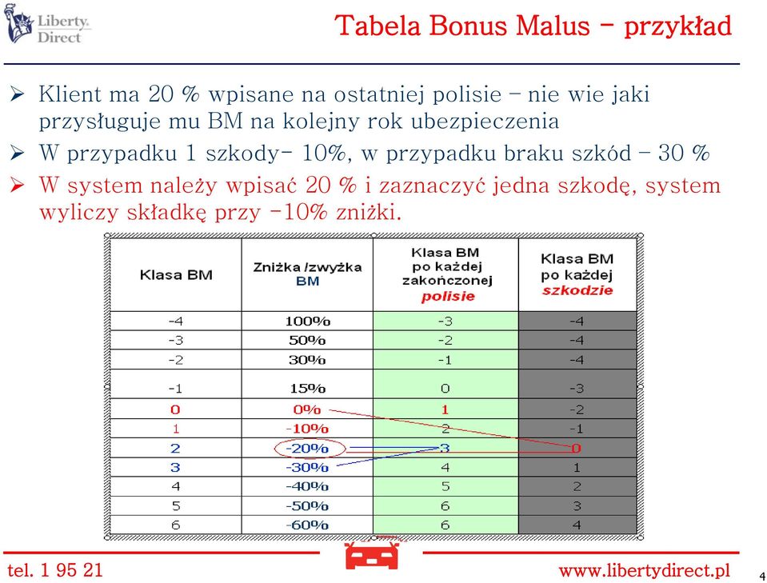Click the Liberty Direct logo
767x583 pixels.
tap(47, 24)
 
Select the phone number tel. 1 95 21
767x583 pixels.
tap(55, 569)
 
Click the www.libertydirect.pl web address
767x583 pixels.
tap(644, 570)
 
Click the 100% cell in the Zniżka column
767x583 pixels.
tap(308, 321)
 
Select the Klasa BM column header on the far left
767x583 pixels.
tap(176, 275)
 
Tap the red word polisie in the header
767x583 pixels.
tap(448, 297)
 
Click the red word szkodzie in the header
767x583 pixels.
tap(577, 290)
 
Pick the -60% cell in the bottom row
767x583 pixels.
tap(306, 525)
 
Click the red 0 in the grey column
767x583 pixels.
tap(576, 448)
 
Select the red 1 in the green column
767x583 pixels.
tap(445, 409)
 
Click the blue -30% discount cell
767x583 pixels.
tap(306, 468)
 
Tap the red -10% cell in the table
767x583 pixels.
tap(306, 429)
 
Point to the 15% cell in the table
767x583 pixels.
tap(308, 389)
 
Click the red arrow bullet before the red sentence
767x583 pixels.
tap(17, 185)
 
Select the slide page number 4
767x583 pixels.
tap(762, 576)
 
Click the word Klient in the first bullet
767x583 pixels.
tap(70, 94)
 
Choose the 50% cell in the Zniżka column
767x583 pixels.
tap(307, 341)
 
